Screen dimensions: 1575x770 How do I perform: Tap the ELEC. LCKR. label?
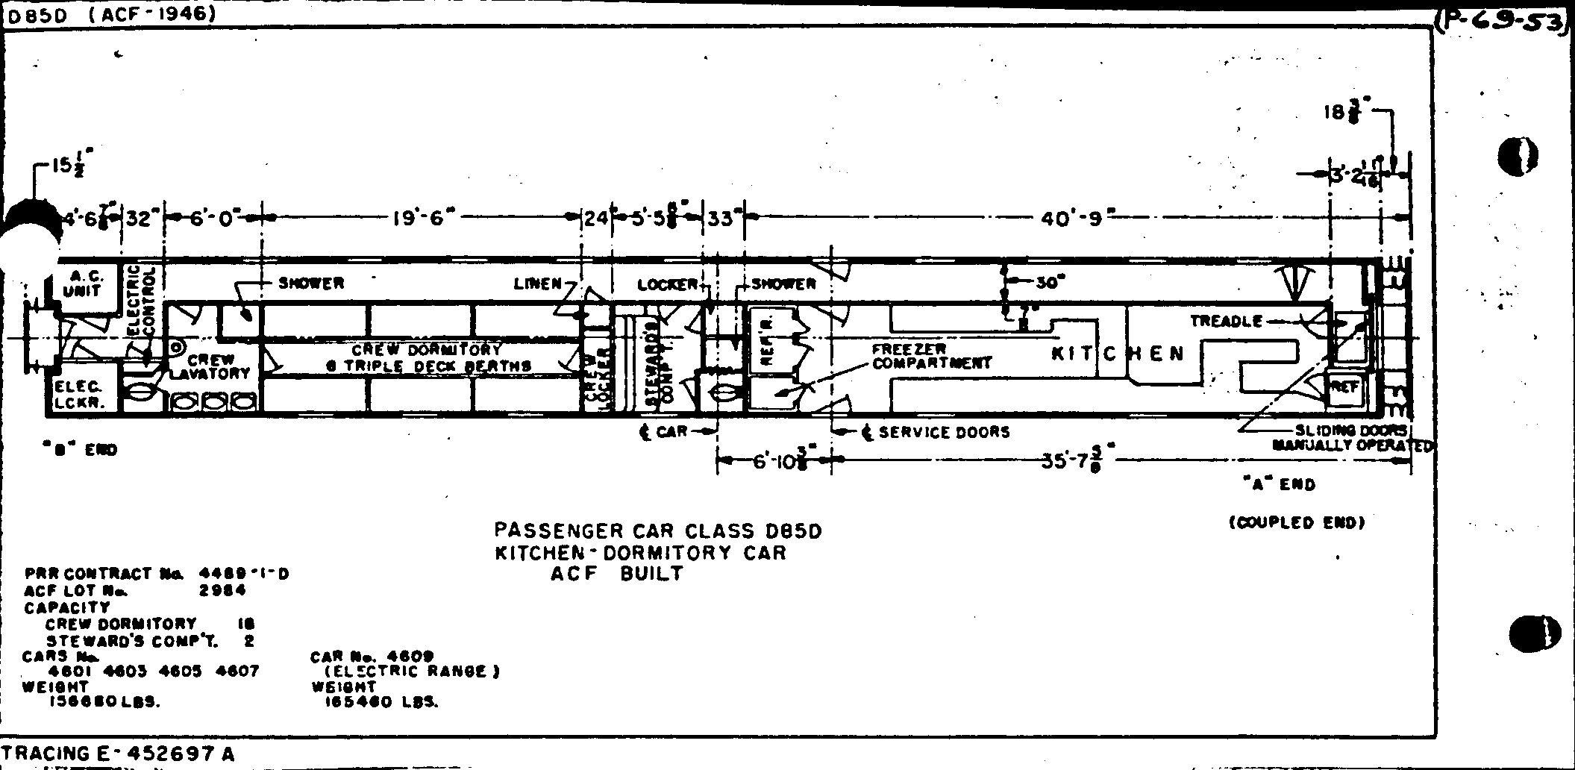78,394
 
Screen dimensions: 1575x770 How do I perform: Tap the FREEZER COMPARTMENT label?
931,357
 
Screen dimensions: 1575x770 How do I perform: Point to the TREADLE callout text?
1226,322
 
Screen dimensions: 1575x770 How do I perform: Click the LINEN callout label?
537,284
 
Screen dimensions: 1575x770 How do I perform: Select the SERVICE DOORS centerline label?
944,432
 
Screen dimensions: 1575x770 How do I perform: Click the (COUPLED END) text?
1297,523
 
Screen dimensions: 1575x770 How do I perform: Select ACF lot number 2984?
222,590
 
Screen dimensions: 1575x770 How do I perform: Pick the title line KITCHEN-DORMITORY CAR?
640,553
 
